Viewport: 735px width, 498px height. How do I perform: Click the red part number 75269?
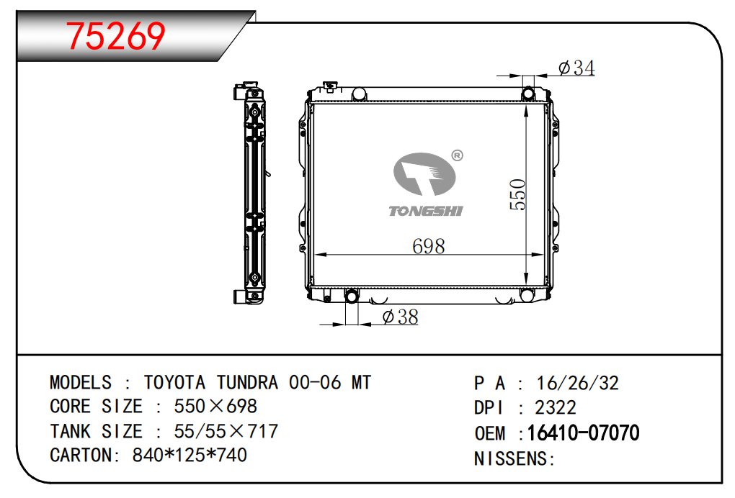click(115, 36)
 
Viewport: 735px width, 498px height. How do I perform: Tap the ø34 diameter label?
click(576, 68)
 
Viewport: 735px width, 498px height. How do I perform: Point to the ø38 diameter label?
click(401, 317)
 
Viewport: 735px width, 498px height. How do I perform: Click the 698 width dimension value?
click(429, 246)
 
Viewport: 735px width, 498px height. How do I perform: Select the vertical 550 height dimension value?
click(518, 194)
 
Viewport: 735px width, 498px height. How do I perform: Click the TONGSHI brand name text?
click(426, 211)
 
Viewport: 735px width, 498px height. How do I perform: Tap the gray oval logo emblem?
click(424, 174)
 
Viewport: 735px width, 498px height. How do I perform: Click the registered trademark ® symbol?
click(457, 155)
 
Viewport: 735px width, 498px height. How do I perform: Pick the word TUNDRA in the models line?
click(247, 382)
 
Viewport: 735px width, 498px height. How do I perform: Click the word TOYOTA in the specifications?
click(174, 382)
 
